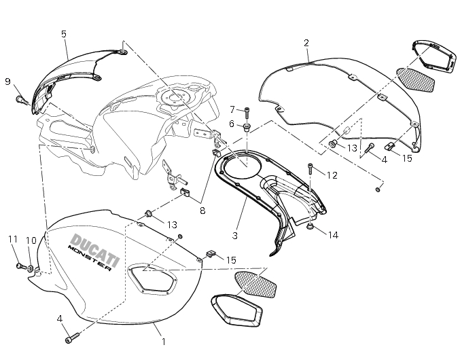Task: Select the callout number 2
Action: pos(306,43)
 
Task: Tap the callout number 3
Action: pos(234,236)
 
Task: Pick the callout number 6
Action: pos(231,124)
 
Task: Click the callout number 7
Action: pos(232,109)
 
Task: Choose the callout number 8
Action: pos(201,210)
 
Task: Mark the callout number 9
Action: pos(7,82)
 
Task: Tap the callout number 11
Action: pos(12,239)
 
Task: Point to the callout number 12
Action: pos(332,175)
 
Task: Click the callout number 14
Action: pos(332,236)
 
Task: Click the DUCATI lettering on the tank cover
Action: pos(94,245)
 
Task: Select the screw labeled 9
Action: pos(21,100)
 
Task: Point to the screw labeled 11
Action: pos(19,266)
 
